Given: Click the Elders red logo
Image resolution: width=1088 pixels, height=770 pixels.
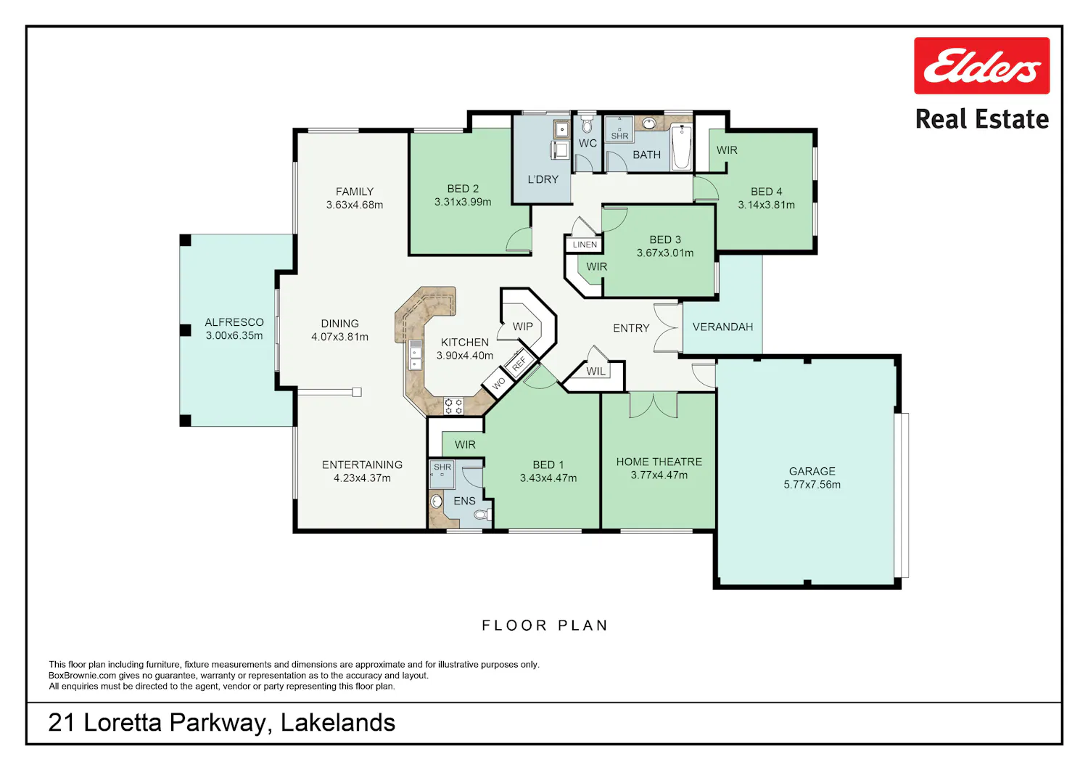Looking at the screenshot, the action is [981, 65].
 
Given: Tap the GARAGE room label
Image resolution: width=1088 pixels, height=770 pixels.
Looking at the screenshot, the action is [812, 471].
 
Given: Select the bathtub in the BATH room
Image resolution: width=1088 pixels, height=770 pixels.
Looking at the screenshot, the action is [682, 147].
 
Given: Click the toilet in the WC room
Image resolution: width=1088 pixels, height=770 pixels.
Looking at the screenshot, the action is [588, 124].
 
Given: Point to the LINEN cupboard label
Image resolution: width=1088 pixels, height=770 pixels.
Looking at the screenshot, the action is [585, 245].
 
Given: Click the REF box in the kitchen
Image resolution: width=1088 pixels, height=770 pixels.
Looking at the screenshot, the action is [519, 363].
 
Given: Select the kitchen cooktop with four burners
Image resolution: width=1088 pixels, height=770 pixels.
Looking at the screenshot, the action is [453, 406].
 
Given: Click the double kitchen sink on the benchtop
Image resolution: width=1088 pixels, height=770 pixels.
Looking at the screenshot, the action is [416, 356].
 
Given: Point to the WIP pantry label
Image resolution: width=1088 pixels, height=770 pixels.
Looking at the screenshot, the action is [523, 327].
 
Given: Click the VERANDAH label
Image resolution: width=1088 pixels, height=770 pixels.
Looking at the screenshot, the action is [722, 327].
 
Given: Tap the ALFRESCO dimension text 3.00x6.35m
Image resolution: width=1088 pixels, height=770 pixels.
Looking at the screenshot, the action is [234, 335].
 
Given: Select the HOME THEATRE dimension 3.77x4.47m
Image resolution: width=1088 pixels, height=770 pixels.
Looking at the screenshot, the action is [659, 475].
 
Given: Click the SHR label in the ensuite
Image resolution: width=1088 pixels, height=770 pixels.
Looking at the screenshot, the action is [442, 467].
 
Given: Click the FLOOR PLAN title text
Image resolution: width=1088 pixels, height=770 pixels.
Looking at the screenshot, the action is [545, 625].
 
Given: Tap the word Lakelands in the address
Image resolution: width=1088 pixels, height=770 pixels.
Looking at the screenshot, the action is [338, 723].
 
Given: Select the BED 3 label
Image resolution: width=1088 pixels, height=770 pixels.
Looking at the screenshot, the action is [665, 239].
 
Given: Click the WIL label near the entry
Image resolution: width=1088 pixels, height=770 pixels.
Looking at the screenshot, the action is [596, 372].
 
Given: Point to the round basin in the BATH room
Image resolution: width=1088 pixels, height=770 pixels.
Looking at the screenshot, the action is [649, 123].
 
